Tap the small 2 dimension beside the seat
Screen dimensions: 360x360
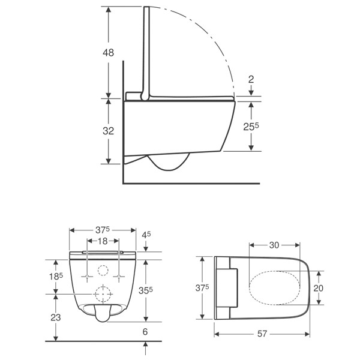click(x=252, y=79)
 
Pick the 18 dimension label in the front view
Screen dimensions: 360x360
click(x=103, y=241)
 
